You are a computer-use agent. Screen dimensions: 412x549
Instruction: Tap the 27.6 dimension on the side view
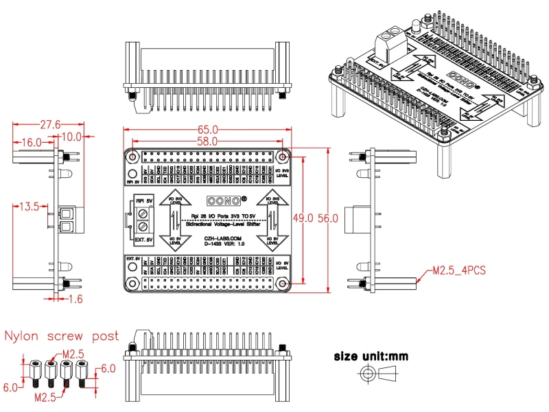click(50, 124)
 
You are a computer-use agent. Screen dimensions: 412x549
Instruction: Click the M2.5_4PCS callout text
click(459, 270)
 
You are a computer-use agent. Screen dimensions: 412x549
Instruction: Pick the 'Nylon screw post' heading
click(62, 336)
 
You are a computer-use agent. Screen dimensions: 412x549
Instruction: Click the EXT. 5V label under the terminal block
click(143, 240)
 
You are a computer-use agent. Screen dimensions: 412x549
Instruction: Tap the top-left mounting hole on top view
click(132, 157)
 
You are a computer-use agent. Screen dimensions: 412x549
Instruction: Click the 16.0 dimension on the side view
click(30, 141)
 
